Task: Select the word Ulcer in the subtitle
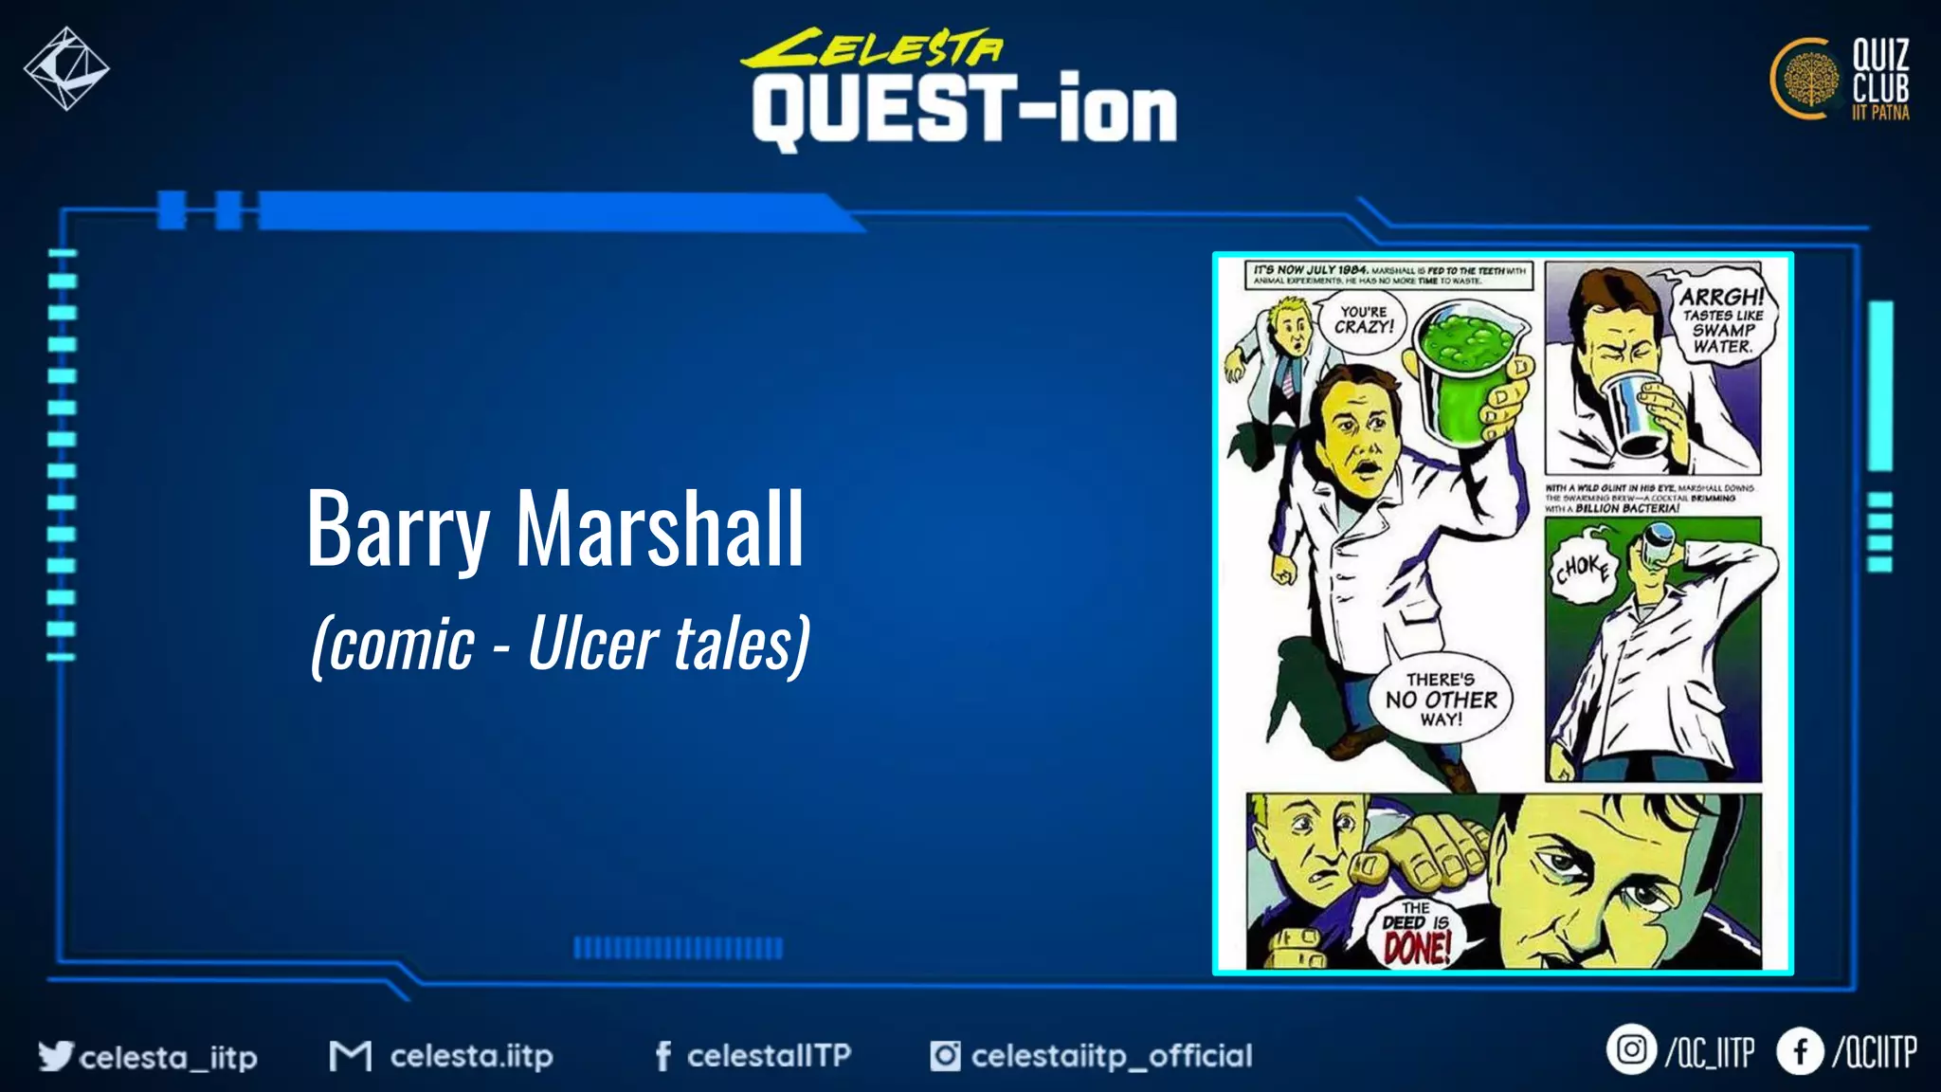coord(592,643)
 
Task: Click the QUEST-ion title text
coord(964,112)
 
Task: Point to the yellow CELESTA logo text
coord(871,47)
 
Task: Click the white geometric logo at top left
coord(66,68)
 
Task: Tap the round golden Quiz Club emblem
coord(1806,80)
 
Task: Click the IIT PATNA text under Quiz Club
coord(1880,113)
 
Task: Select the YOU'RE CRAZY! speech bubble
coord(1364,319)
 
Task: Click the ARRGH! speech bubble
coord(1723,319)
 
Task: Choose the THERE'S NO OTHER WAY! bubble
coord(1441,700)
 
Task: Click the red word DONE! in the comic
coord(1417,947)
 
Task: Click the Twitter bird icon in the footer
coord(56,1055)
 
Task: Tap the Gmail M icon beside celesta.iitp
coord(350,1055)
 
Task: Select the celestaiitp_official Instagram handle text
coord(1111,1055)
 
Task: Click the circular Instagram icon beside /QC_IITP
coord(1630,1050)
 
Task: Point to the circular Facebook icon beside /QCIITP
coord(1800,1051)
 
